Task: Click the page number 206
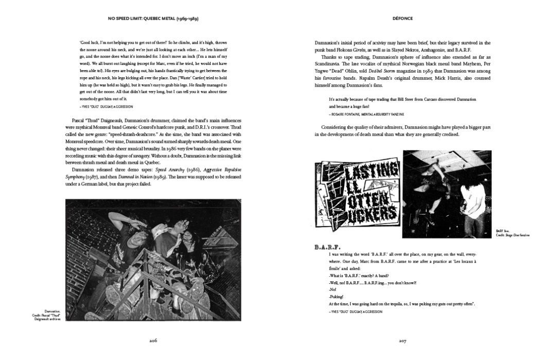[153, 340]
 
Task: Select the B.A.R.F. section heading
[327, 247]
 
